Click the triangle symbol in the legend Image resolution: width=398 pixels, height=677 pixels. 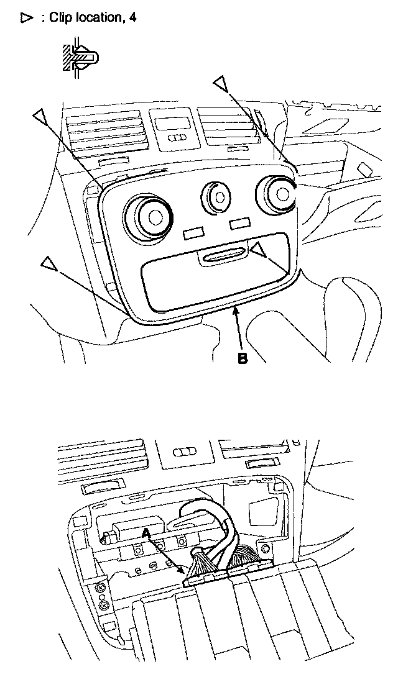pyautogui.click(x=26, y=19)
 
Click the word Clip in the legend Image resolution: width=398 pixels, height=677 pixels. pyautogui.click(x=60, y=18)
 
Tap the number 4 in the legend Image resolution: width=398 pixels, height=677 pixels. pyautogui.click(x=132, y=18)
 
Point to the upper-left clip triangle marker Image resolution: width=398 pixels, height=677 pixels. pyautogui.click(x=41, y=116)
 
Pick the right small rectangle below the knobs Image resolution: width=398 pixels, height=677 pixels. pyautogui.click(x=239, y=222)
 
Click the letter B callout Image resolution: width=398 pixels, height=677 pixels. pyautogui.click(x=243, y=358)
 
